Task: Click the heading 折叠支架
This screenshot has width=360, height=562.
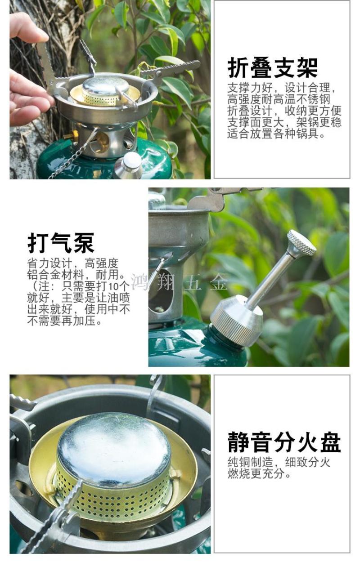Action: [x=272, y=67]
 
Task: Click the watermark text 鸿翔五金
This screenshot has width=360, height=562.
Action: [x=179, y=282]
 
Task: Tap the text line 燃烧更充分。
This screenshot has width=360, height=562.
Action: [x=259, y=474]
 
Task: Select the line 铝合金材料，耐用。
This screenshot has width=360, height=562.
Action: [x=76, y=275]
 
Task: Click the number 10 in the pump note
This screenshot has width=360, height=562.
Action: [x=113, y=286]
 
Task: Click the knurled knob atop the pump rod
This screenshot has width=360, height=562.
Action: [x=301, y=243]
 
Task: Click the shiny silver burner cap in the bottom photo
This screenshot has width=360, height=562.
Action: [x=114, y=449]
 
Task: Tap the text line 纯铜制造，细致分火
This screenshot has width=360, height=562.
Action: [x=279, y=462]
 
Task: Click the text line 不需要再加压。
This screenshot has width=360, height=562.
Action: [x=64, y=321]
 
